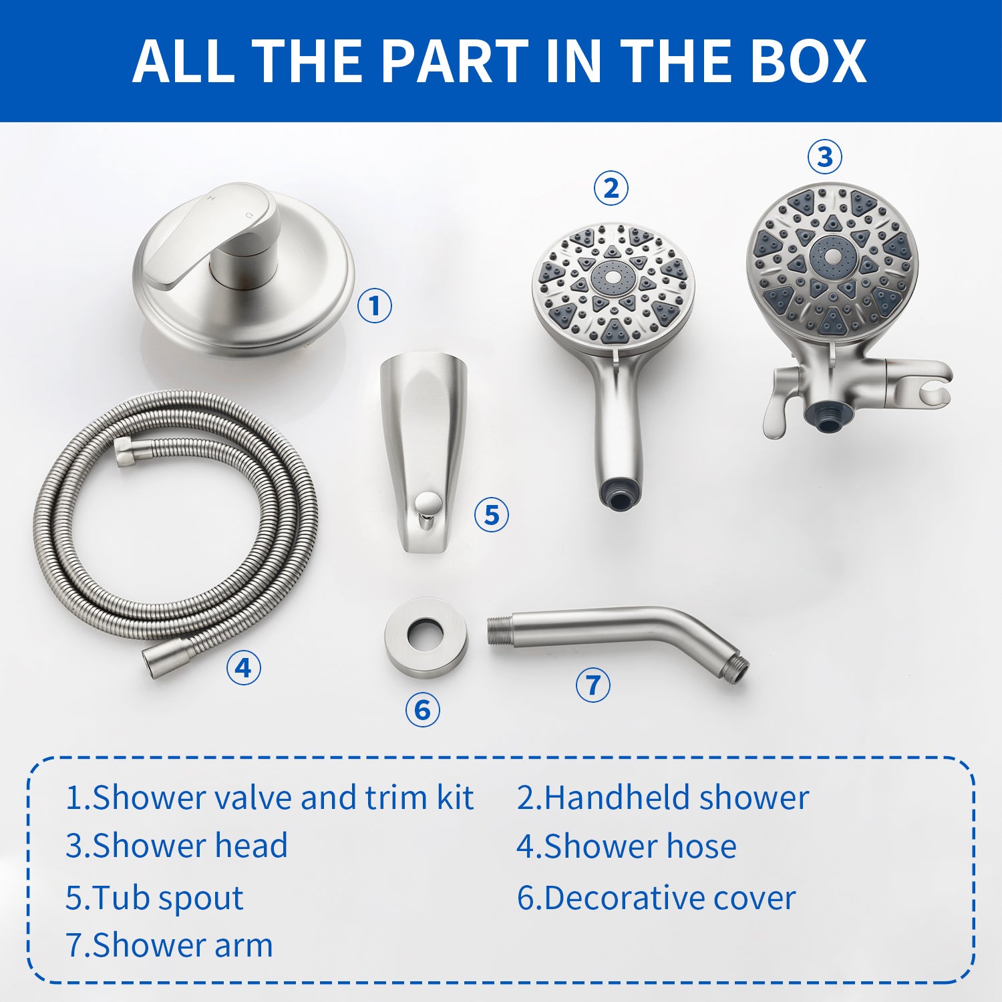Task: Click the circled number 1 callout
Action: pos(374,306)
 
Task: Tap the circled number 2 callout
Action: pos(611,188)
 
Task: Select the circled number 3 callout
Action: pos(824,157)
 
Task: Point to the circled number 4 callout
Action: pos(243,667)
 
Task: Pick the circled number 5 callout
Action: pos(491,515)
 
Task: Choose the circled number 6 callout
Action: pos(422,709)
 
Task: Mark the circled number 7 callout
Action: pos(593,685)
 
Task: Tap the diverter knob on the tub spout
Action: pos(425,503)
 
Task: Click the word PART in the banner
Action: pos(454,61)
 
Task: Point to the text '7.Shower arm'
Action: pos(169,945)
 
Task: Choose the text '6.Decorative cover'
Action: pos(656,898)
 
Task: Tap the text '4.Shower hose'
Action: pos(626,846)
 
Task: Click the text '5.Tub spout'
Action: pos(154,898)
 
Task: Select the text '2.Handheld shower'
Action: pos(663,798)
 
